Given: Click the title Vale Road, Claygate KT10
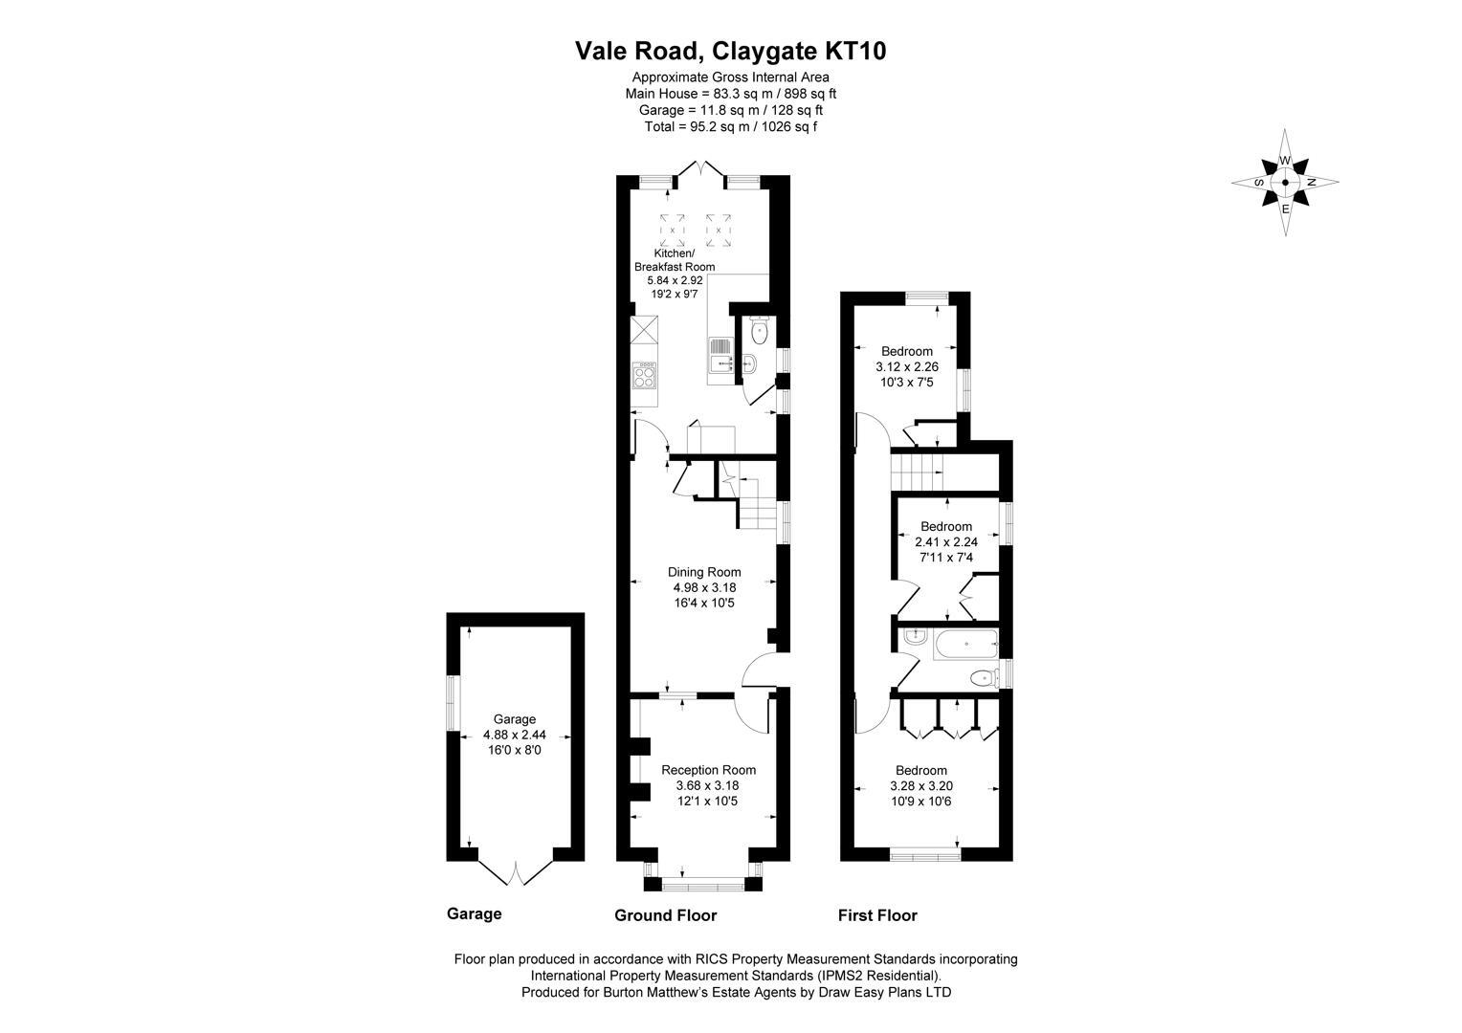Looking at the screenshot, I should [x=730, y=51].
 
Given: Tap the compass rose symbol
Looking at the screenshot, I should [x=1285, y=182].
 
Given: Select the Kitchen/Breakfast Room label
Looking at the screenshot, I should [x=674, y=259].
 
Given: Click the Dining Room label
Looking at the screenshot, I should [x=703, y=572].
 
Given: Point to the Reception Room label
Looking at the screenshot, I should [x=708, y=770].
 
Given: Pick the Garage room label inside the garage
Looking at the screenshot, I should [x=514, y=719].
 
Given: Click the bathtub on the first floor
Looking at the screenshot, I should [x=965, y=645].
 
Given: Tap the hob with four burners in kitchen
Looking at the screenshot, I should [x=645, y=375].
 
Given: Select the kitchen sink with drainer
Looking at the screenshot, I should [x=720, y=361].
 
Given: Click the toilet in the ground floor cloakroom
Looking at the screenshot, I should [x=760, y=332].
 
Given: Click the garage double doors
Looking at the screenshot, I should [x=514, y=871].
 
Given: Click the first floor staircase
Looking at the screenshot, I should [x=918, y=471].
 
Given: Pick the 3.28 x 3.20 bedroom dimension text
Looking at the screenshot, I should [x=920, y=787].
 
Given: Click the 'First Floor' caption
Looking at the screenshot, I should [x=877, y=915].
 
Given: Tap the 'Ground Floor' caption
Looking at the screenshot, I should [x=665, y=915].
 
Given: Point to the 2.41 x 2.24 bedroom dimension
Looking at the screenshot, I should [x=945, y=541].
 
